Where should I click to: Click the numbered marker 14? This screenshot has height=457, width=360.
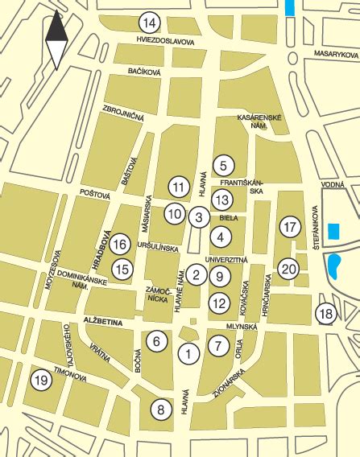coord(149,22)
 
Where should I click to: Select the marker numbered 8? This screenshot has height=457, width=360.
coord(161,410)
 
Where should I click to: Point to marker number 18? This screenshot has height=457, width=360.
coord(325,315)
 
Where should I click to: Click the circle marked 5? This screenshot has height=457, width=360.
coord(223,166)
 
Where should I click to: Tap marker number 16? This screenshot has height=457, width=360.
coord(120,244)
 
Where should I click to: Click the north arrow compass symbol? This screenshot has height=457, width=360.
coord(56,39)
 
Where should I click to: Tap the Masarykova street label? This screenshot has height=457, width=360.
coord(335,56)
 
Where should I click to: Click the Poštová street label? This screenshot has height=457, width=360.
coord(94,194)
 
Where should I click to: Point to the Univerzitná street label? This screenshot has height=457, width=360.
coord(225,260)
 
